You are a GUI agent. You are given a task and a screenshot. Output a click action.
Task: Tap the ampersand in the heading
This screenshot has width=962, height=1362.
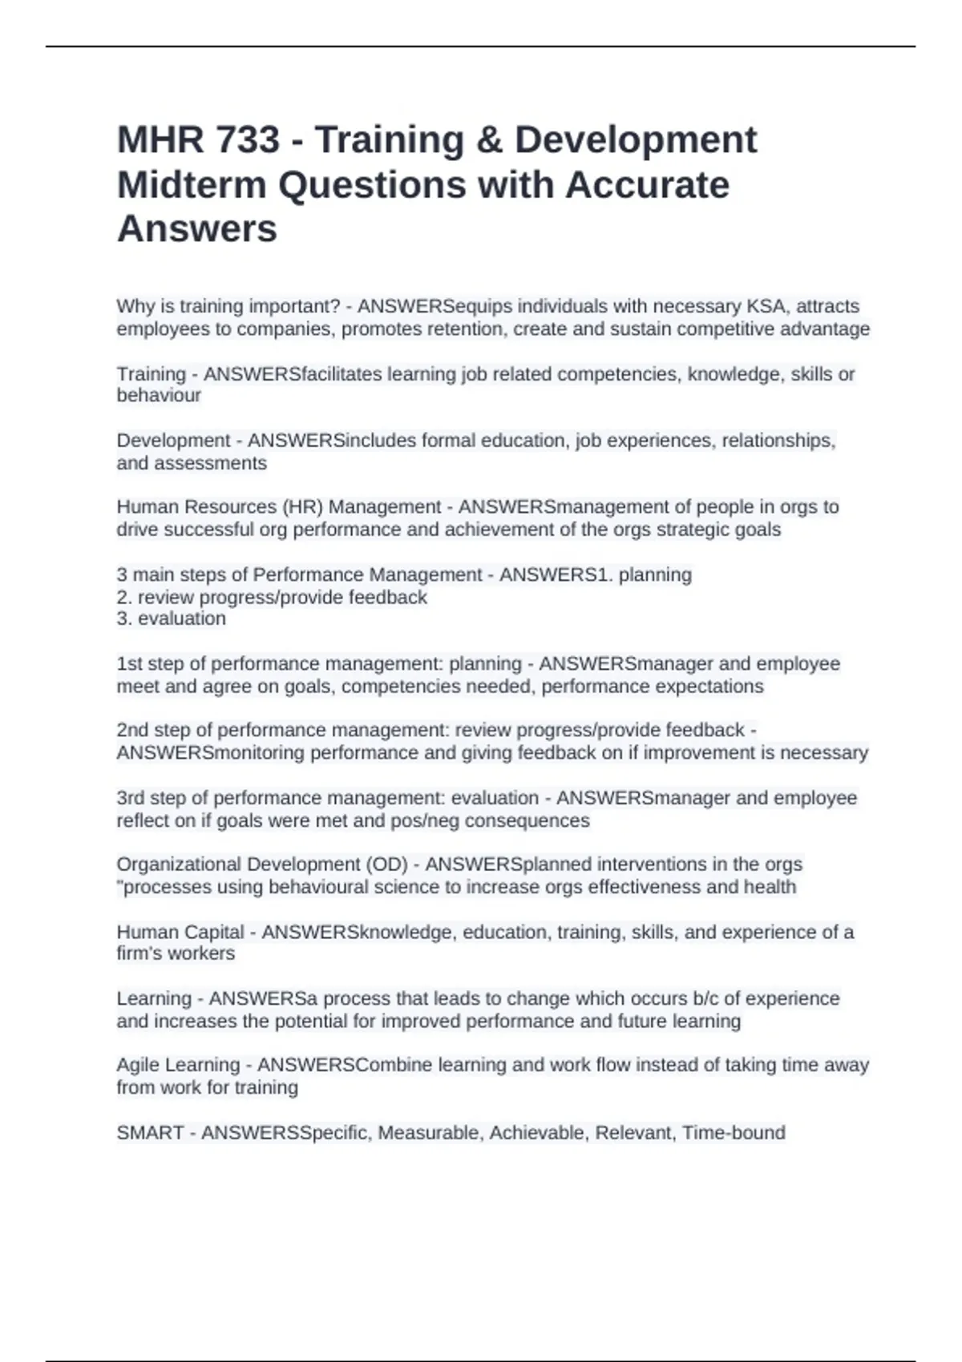pos(489,140)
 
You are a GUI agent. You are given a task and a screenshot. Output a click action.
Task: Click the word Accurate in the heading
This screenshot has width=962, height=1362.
pos(648,185)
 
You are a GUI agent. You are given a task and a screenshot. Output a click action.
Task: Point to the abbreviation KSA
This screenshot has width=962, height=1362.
pos(766,307)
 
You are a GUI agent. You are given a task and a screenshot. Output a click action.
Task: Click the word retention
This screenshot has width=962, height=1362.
pos(467,329)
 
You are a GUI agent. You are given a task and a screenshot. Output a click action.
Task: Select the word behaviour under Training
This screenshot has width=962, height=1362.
pos(159,396)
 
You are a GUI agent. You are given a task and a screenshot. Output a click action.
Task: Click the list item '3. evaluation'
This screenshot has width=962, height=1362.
pos(172,619)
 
